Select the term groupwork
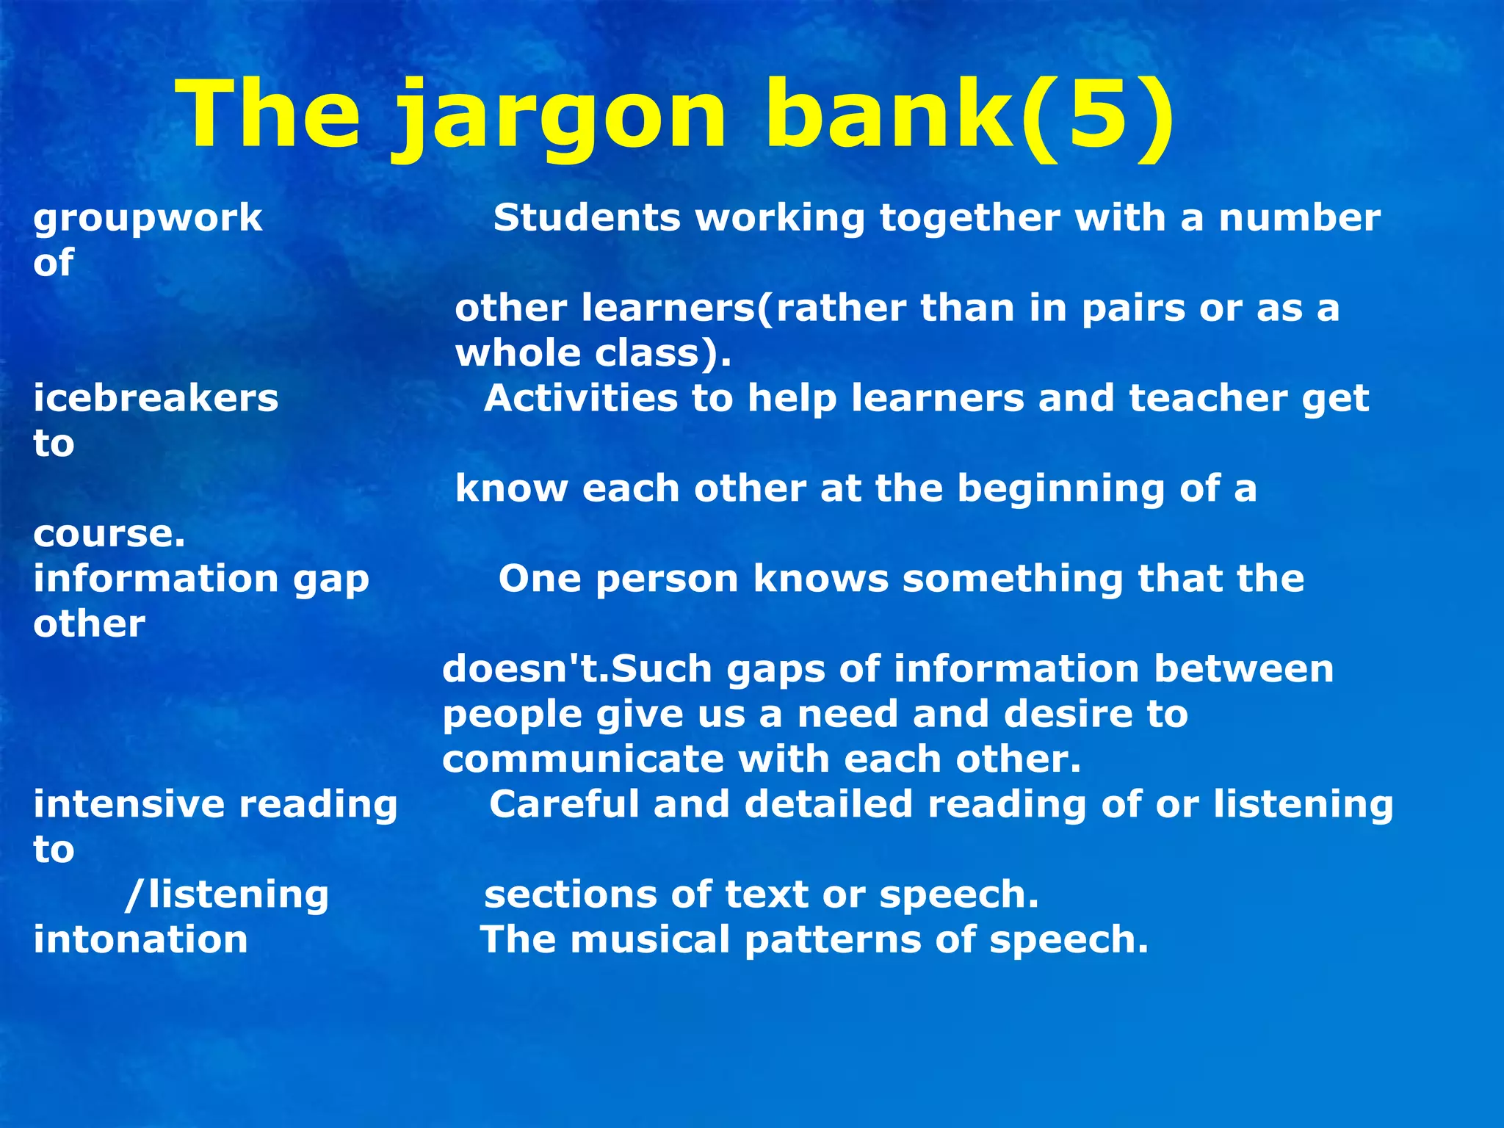point(148,219)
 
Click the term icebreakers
point(156,399)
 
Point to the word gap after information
point(331,580)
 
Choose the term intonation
point(141,940)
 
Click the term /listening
point(227,895)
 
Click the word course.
point(109,535)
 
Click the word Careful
point(564,804)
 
